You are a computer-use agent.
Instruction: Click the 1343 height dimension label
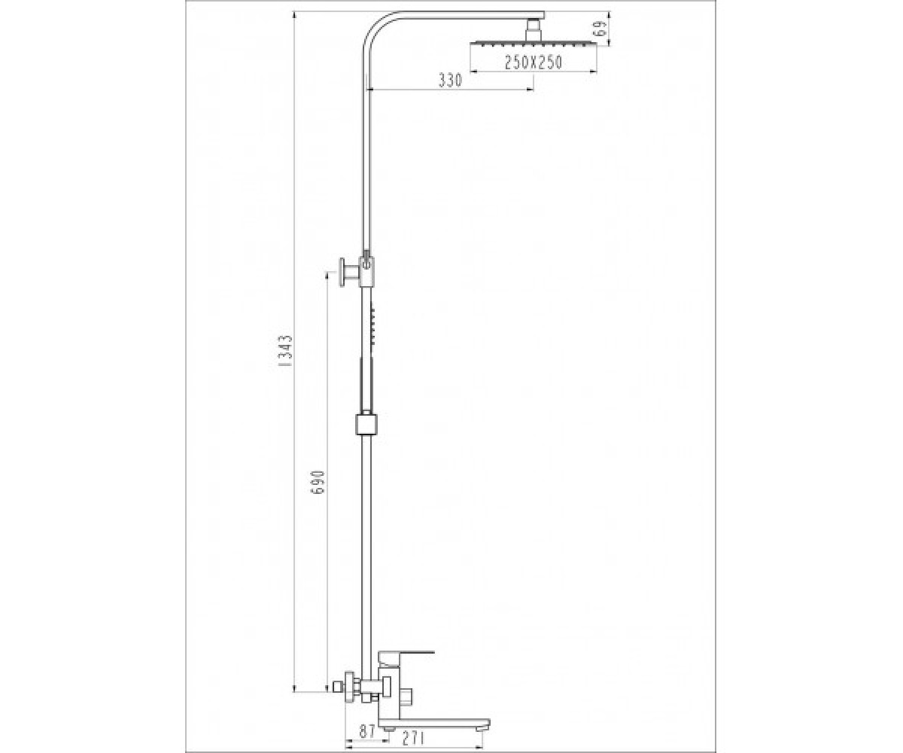(286, 351)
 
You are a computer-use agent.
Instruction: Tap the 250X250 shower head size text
(534, 62)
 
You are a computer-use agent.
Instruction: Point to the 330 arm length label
(450, 80)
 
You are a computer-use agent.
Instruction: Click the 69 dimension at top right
(601, 29)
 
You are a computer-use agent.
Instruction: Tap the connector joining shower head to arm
(534, 30)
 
